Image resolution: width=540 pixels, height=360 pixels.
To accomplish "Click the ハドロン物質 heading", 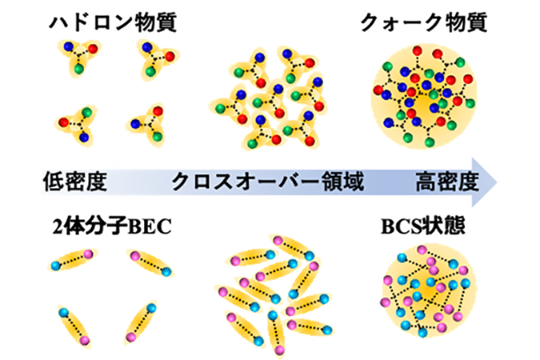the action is point(113,22).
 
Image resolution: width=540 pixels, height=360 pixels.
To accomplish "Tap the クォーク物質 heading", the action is point(423,22).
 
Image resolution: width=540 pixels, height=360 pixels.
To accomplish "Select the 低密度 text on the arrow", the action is point(75,182).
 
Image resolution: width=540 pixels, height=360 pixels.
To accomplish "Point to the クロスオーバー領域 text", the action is point(267,182).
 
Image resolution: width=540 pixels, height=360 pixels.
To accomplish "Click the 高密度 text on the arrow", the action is point(447,182).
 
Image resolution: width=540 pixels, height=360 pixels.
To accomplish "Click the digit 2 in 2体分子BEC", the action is point(57,227).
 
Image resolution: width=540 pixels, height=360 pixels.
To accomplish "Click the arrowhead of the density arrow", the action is point(484,182).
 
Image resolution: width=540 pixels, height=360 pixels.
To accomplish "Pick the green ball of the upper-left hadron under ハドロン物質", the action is point(79,69).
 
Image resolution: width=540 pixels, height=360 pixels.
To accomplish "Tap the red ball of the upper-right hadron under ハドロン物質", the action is point(170,56).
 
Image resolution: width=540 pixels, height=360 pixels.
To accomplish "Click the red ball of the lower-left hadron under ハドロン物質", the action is point(64,122).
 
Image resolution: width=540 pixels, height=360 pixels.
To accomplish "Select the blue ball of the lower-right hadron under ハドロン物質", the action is point(135,124).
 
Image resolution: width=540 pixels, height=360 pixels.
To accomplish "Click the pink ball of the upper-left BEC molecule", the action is point(88,254).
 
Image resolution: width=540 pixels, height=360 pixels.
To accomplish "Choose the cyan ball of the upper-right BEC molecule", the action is point(166,271).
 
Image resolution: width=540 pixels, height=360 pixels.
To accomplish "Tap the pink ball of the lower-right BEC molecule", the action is point(130,338).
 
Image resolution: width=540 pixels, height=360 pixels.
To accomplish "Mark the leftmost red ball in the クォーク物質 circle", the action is point(378,90).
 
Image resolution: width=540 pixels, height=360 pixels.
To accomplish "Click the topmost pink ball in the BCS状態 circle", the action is point(422,250).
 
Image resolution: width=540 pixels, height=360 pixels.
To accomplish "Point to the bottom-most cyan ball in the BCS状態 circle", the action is point(422,333).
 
